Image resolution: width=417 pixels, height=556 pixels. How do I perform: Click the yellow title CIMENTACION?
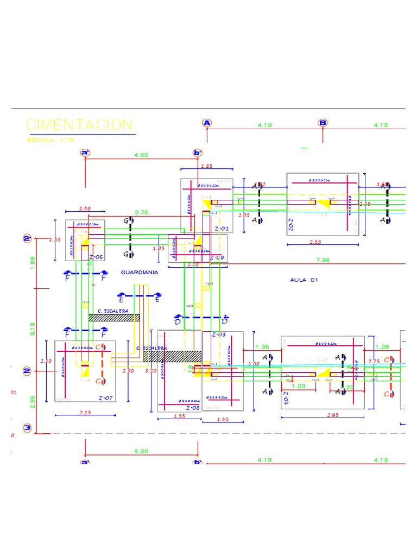[79, 124]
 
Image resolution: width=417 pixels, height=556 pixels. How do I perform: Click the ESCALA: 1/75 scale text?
[50, 140]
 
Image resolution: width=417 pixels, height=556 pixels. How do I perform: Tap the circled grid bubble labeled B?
[323, 123]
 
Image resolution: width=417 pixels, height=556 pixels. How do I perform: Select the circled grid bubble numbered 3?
[27, 428]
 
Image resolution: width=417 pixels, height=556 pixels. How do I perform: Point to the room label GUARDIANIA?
[140, 273]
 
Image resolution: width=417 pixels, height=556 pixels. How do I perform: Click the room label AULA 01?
[304, 280]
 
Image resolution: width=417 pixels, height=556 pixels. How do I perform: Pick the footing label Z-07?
[105, 398]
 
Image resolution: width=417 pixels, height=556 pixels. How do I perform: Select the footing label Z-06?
[96, 256]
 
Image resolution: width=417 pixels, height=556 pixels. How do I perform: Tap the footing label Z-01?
[222, 229]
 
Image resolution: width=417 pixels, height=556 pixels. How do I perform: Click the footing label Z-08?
[193, 407]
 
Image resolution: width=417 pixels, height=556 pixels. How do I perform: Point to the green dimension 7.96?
[323, 260]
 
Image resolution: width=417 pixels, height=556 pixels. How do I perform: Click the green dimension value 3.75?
[141, 212]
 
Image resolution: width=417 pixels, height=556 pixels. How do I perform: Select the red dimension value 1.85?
[207, 166]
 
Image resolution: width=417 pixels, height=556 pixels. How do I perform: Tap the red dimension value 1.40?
[85, 208]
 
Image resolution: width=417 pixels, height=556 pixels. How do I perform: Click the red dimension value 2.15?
[85, 413]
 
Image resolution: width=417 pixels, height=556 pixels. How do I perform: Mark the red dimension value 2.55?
[316, 242]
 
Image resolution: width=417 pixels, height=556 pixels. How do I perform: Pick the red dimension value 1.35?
[262, 346]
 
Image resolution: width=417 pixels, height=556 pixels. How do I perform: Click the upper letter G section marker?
[126, 221]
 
